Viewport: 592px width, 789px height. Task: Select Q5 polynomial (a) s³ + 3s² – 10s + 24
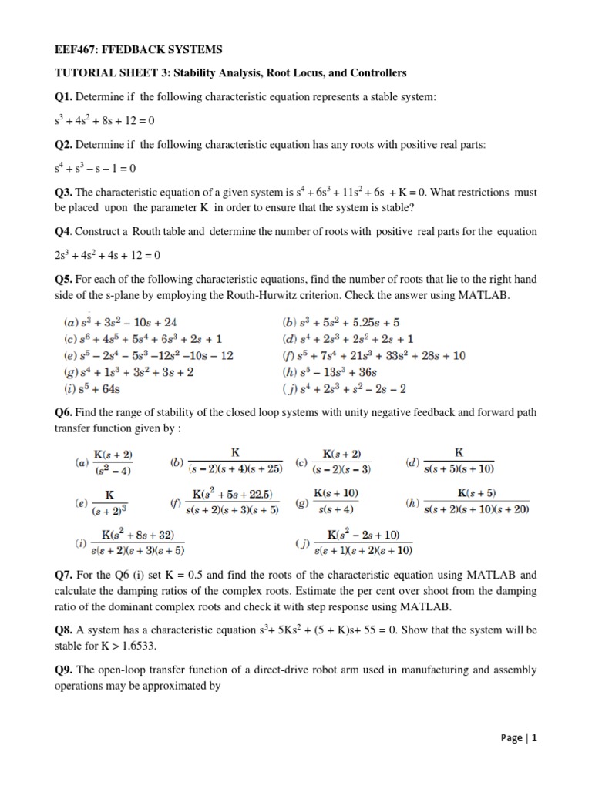[x=128, y=323]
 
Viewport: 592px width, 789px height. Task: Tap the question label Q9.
[x=64, y=669]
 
